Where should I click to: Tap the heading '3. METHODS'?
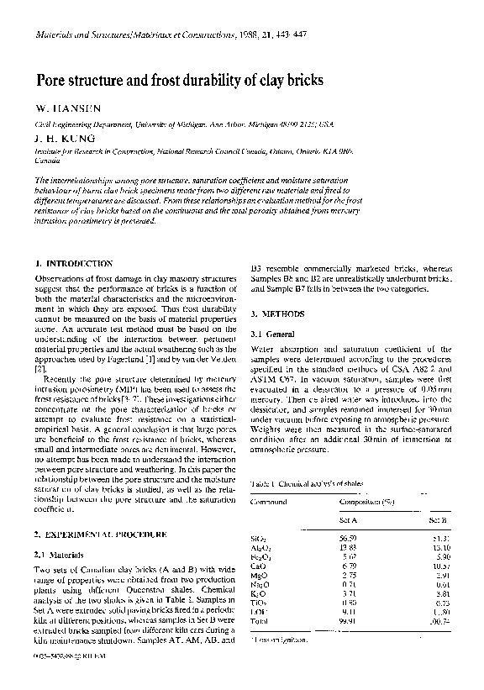pyautogui.click(x=278, y=313)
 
